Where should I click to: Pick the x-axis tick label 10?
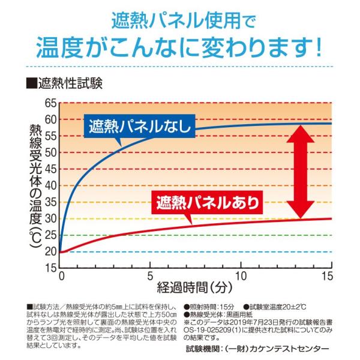pos(241,277)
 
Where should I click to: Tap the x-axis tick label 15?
pos(327,277)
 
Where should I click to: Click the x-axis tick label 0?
pos(61,277)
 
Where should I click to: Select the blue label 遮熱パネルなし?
pos(139,127)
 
